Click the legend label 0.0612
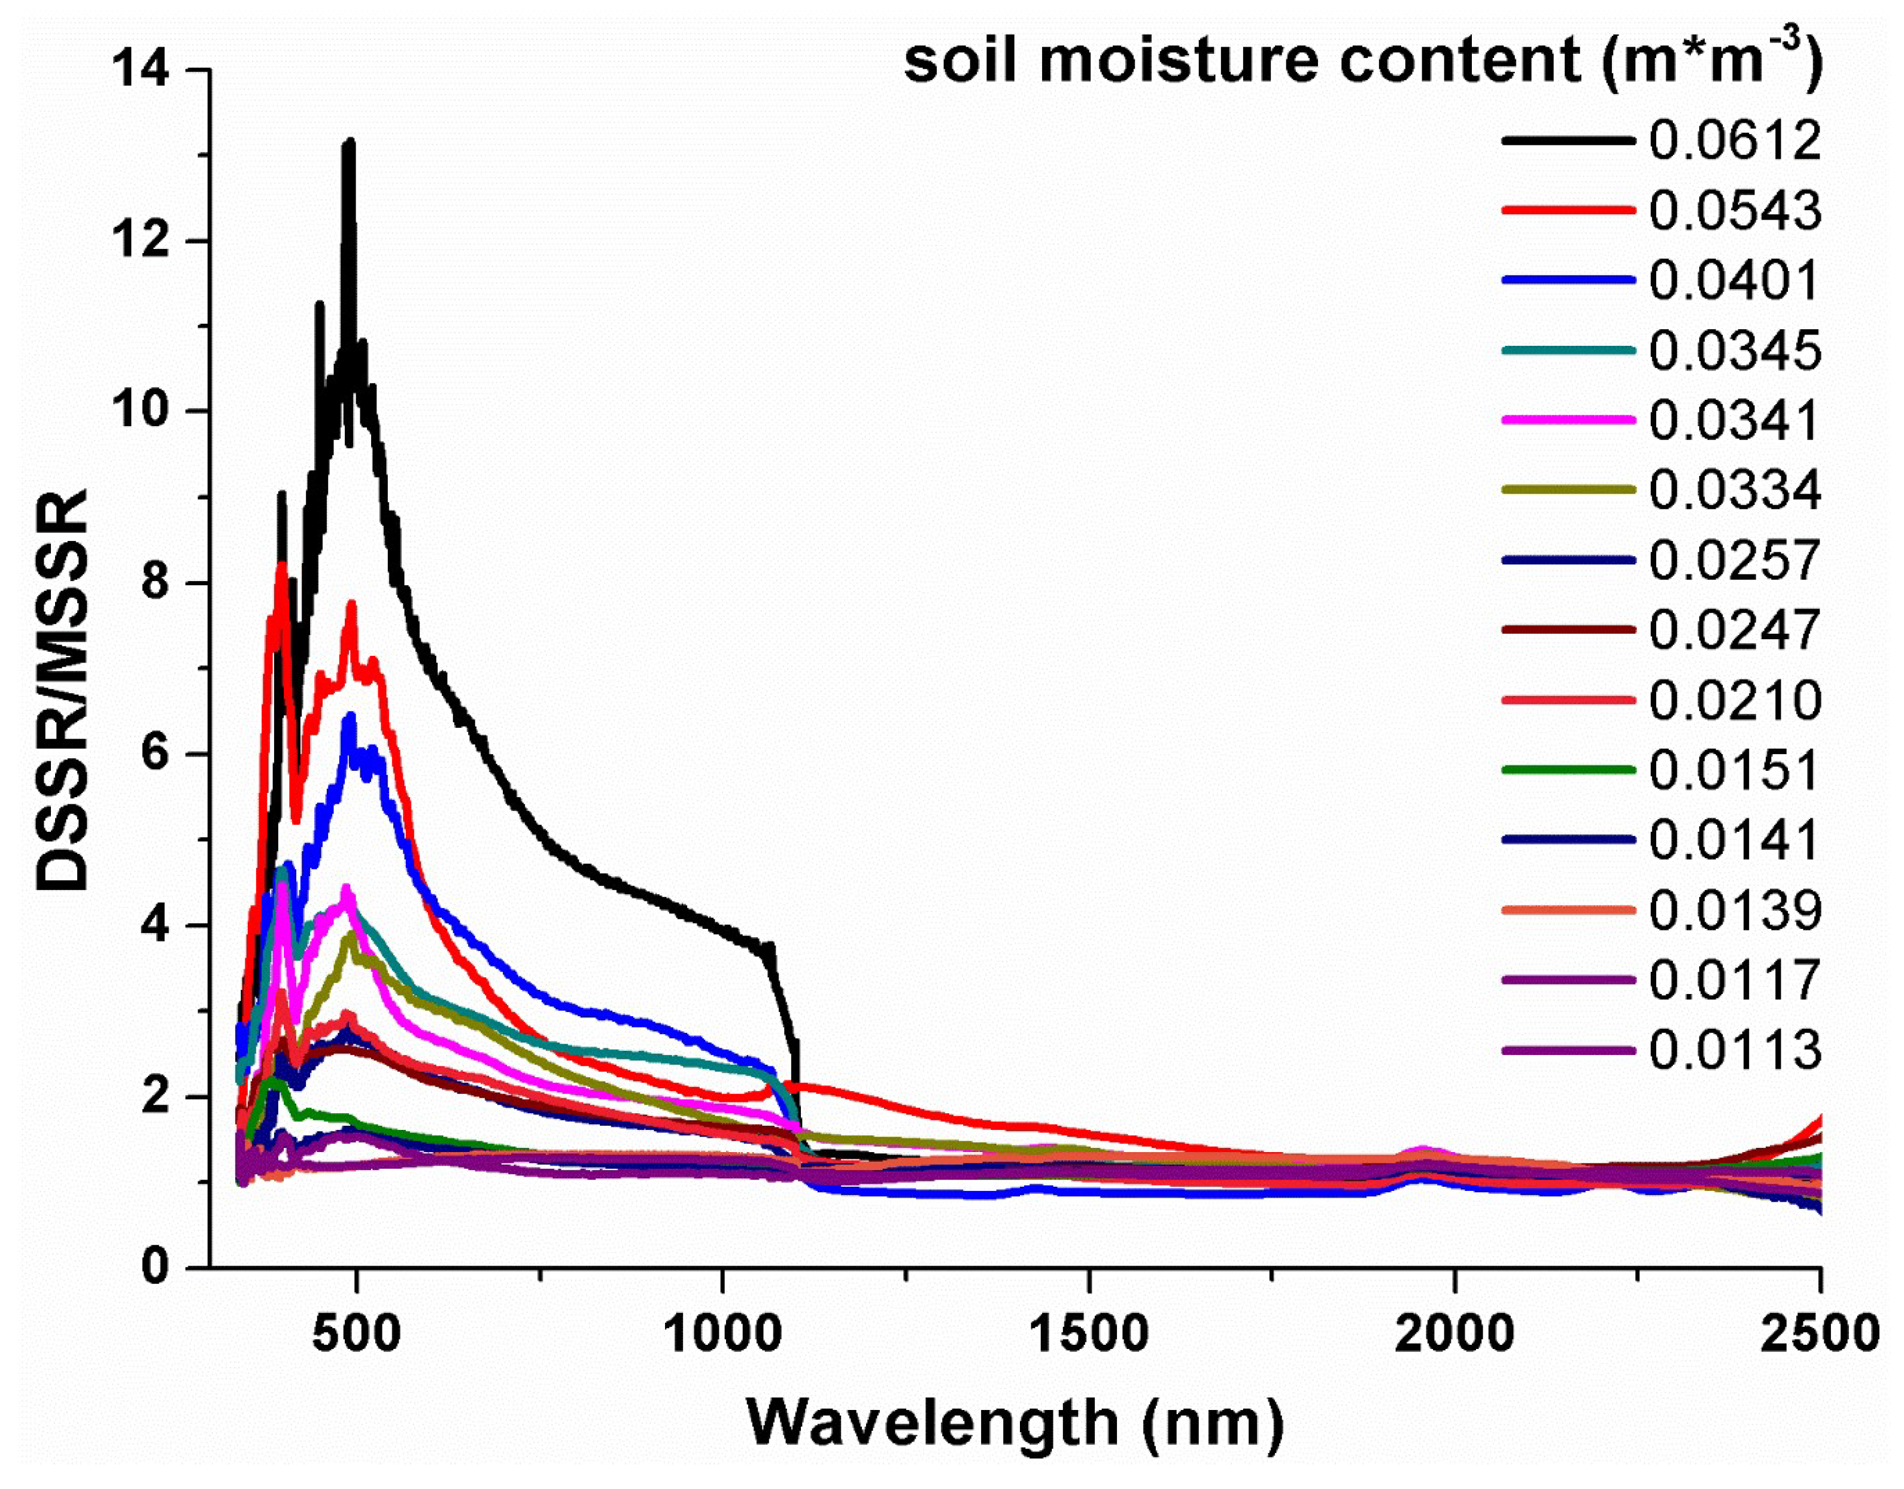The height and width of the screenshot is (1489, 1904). (1735, 141)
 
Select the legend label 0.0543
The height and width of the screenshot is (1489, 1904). (1735, 211)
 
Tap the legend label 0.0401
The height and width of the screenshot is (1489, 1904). (1735, 281)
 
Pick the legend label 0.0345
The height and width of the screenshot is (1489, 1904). (1735, 351)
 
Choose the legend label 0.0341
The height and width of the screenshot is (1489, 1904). (1735, 420)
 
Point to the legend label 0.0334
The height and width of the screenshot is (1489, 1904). (1735, 490)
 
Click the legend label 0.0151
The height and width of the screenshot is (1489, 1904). (1735, 770)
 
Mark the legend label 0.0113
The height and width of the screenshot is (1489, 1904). (1735, 1050)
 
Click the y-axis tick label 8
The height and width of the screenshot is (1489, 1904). (155, 582)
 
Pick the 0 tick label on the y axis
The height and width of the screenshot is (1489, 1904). (155, 1266)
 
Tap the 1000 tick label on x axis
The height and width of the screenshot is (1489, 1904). (722, 1335)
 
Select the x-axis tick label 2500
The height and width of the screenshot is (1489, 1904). (1818, 1335)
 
